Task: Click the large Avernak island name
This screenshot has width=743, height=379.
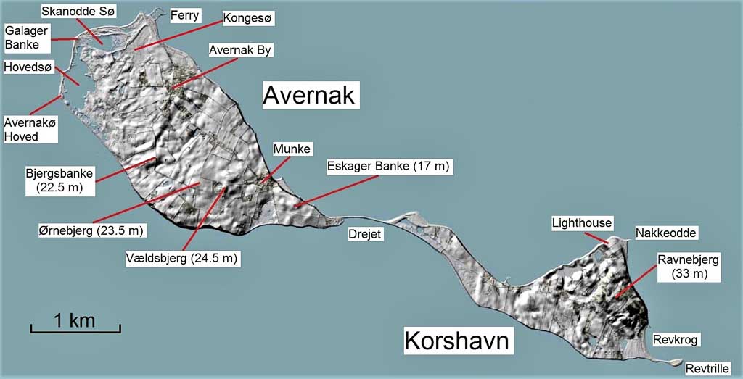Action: (x=308, y=95)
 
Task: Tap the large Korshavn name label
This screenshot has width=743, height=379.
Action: (x=459, y=341)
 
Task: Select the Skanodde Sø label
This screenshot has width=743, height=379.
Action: (x=78, y=12)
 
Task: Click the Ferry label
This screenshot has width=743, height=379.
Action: (x=184, y=15)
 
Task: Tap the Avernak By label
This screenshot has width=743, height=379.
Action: (x=239, y=50)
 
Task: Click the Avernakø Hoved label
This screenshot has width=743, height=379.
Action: (x=30, y=130)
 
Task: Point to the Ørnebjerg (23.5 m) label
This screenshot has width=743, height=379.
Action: (x=92, y=231)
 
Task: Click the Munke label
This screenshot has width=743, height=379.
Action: (x=292, y=149)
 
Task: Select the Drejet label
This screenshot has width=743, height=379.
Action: (x=364, y=234)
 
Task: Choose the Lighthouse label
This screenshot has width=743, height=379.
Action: (x=582, y=222)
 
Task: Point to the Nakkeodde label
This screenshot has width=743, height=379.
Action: (x=666, y=233)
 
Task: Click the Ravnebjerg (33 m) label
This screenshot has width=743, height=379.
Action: (x=689, y=266)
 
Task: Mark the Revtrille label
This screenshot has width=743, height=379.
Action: (x=707, y=367)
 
